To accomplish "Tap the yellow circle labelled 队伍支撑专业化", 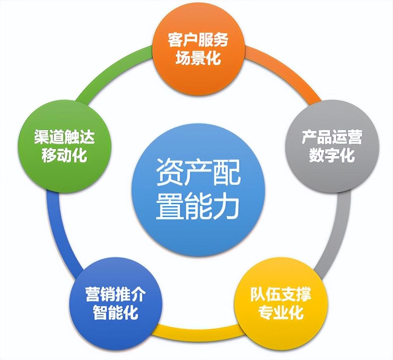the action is (x=281, y=304).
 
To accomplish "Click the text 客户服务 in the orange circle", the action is (x=198, y=40).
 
